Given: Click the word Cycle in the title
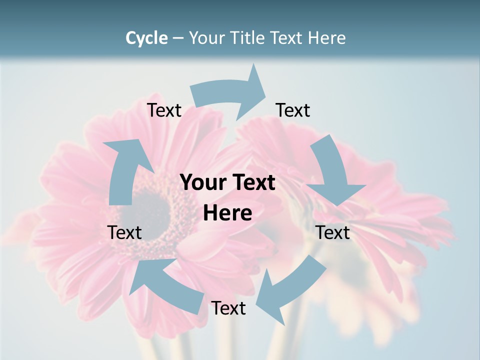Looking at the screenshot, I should point(146,38).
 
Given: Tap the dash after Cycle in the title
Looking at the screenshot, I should point(178,38).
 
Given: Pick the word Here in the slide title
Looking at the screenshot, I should point(326,38).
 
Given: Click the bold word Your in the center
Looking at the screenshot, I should point(200,183).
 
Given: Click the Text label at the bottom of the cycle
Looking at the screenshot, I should point(228,308).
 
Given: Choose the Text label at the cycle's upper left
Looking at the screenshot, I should point(164,110).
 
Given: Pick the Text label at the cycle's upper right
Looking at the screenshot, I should point(293,110).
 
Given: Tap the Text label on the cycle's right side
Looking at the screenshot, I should point(333,232).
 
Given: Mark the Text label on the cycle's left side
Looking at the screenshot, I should point(124,232).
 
